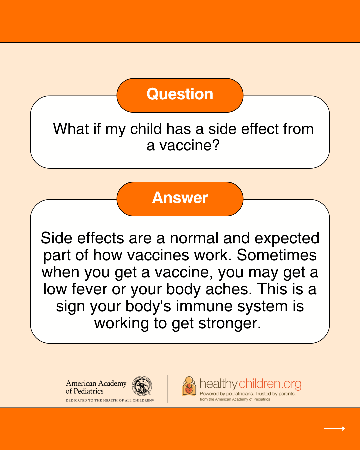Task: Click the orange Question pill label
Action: tap(180, 95)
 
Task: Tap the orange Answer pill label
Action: tap(180, 198)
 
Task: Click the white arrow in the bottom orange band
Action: tap(334, 429)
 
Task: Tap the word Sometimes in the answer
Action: tap(276, 255)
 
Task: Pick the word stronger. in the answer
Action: tap(229, 323)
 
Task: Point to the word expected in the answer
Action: tap(287, 238)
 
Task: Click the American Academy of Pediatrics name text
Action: tap(96, 387)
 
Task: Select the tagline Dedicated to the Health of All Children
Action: tap(110, 400)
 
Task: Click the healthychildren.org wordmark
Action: tap(250, 384)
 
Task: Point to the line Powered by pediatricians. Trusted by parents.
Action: tap(248, 394)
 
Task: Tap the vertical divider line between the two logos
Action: tap(168, 389)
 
